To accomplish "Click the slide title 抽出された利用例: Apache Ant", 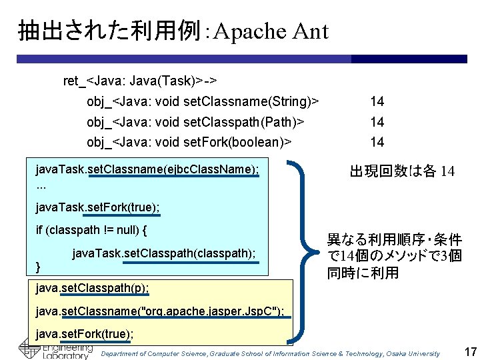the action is [x=173, y=31].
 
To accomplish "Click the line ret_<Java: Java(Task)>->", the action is [x=139, y=81].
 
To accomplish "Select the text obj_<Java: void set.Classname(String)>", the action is [x=202, y=102].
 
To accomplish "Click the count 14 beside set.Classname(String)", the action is [x=377, y=102].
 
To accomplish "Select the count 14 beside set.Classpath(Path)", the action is [x=377, y=122].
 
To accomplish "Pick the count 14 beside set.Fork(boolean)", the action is [x=377, y=142].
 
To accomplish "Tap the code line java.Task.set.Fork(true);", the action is [x=97, y=208].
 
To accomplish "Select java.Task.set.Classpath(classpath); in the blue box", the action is [x=163, y=253].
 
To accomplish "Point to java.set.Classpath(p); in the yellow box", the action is [x=92, y=287].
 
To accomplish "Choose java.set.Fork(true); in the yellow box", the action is [x=85, y=333].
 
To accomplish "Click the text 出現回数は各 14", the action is [x=402, y=171].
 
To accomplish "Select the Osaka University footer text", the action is [x=270, y=353].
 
